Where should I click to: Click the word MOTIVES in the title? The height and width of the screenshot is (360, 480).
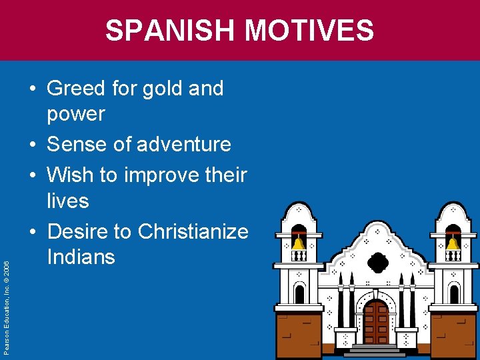coord(309,31)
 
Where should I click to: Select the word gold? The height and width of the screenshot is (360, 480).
coord(167,88)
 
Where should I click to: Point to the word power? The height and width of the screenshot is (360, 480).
coord(75,114)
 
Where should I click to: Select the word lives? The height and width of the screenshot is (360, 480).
coord(67,200)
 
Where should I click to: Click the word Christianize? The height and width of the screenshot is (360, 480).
coord(193,231)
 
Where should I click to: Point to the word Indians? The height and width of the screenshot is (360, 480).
coord(81,257)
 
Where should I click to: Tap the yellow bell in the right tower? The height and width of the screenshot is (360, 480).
coord(453,243)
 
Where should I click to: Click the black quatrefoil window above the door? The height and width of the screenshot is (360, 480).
coord(377,262)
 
